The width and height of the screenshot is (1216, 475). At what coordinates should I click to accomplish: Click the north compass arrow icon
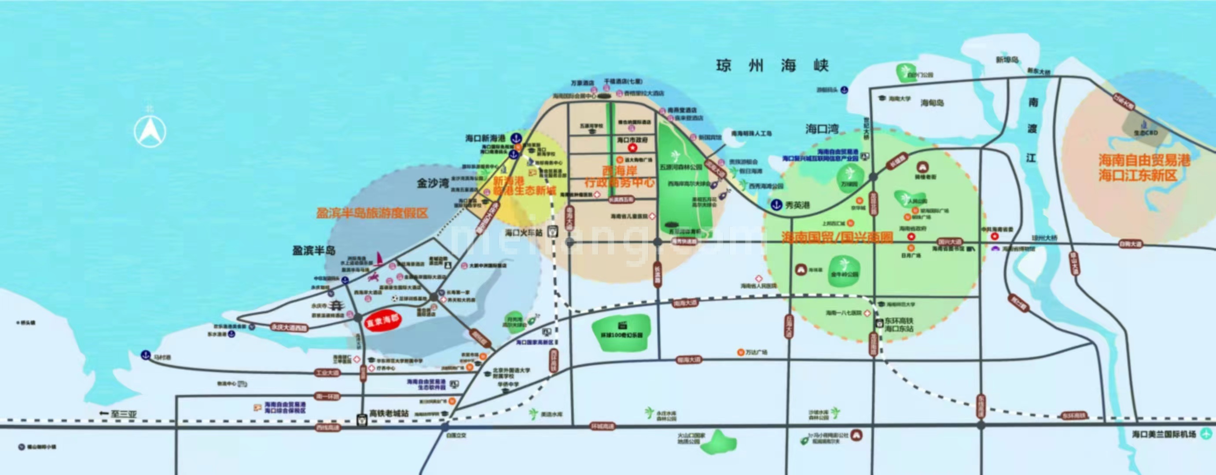pyautogui.click(x=150, y=132)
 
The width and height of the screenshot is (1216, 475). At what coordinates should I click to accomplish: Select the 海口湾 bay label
pyautogui.click(x=822, y=129)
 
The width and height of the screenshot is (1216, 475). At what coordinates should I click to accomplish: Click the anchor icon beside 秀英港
pyautogui.click(x=776, y=205)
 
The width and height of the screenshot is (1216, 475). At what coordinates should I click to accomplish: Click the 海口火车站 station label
pyautogui.click(x=524, y=232)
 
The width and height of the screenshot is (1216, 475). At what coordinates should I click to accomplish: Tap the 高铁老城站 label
pyautogui.click(x=389, y=413)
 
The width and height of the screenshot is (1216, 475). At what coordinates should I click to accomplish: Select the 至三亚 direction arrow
pyautogui.click(x=104, y=414)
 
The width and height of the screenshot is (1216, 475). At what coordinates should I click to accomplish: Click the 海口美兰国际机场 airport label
pyautogui.click(x=1164, y=434)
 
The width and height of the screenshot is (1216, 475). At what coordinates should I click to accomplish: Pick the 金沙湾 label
pyautogui.click(x=432, y=183)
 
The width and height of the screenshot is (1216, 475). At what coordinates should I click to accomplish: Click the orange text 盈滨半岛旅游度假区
pyautogui.click(x=372, y=213)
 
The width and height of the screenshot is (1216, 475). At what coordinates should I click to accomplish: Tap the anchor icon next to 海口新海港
pyautogui.click(x=516, y=138)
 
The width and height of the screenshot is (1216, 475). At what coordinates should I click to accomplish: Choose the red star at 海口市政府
pyautogui.click(x=632, y=148)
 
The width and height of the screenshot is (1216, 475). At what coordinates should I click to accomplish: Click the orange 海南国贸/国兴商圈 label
pyautogui.click(x=837, y=238)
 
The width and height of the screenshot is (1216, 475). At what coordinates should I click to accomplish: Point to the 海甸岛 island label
pyautogui.click(x=932, y=103)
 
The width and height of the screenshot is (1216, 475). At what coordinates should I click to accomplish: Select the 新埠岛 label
pyautogui.click(x=1007, y=60)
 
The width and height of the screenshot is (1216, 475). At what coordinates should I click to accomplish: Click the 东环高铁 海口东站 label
pyautogui.click(x=899, y=325)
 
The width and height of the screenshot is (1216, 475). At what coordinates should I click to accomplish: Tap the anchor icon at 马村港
pyautogui.click(x=146, y=355)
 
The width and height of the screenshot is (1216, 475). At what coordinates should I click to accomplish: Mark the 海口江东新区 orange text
pyautogui.click(x=1138, y=176)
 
